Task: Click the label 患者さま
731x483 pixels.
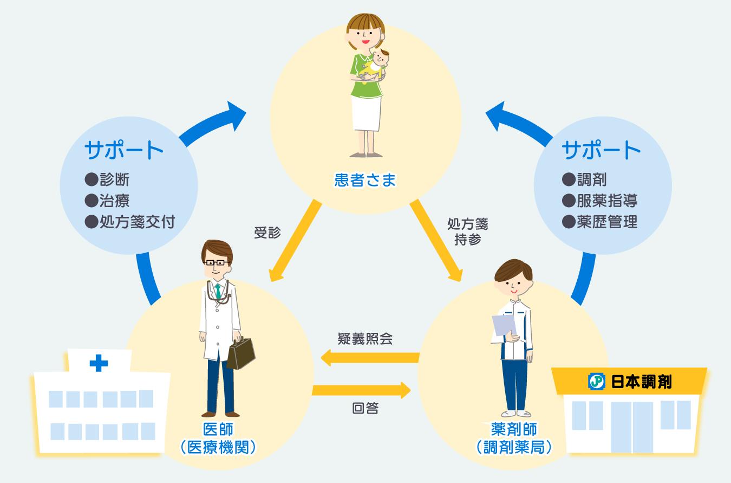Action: pos(365,180)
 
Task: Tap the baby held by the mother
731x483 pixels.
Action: pos(375,66)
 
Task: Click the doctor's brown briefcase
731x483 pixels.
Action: pos(241,353)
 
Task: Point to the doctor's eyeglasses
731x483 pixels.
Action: pos(216,262)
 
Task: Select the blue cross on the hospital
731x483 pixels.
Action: pos(99,363)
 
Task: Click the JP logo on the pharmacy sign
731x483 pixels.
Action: pos(597,382)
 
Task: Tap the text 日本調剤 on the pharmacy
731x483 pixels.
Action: pos(641,382)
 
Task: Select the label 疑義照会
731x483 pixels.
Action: pos(365,339)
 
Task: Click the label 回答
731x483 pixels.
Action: pos(365,408)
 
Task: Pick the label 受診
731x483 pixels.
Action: pos(267,233)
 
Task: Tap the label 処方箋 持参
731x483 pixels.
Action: pos(468,231)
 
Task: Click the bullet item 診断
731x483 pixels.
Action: pos(107,179)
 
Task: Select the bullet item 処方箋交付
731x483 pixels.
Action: pos(130,222)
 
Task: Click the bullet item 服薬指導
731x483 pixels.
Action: pos(600,201)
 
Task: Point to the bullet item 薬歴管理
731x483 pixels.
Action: pos(600,222)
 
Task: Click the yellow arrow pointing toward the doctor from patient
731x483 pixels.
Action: pos(295,241)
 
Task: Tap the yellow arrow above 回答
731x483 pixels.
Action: pos(361,390)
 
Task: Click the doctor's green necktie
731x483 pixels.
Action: pos(218,292)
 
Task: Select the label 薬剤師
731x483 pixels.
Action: pos(514,429)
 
